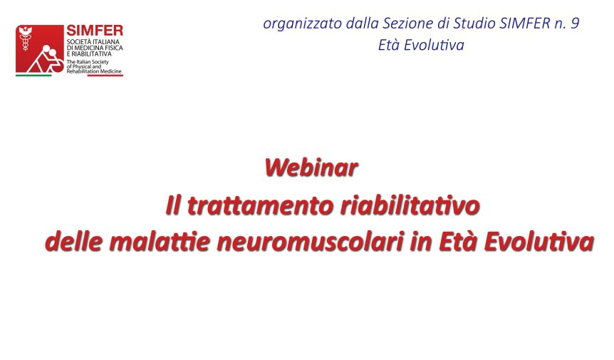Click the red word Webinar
pyautogui.click(x=311, y=168)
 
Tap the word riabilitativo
pyautogui.click(x=410, y=205)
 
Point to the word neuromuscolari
pyautogui.click(x=311, y=241)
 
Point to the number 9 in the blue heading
pyautogui.click(x=575, y=23)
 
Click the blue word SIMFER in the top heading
pyautogui.click(x=525, y=23)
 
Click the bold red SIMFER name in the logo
pyautogui.click(x=95, y=30)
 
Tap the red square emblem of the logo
pyautogui.click(x=40, y=49)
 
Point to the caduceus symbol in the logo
pyautogui.click(x=26, y=38)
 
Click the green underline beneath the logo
pyautogui.click(x=33, y=76)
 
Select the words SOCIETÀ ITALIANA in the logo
pyautogui.click(x=93, y=41)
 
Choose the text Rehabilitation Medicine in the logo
pyautogui.click(x=94, y=71)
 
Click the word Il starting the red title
pyautogui.click(x=173, y=205)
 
